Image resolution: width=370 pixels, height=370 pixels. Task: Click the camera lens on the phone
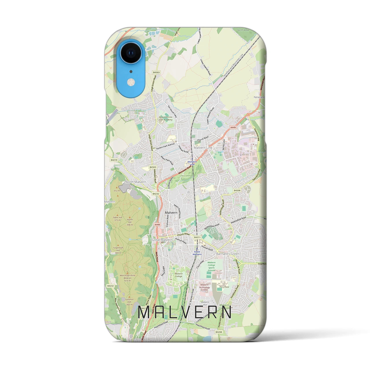pos(131,53)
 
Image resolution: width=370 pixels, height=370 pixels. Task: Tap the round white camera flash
pos(131,83)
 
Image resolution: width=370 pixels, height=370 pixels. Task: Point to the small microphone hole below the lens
pos(131,71)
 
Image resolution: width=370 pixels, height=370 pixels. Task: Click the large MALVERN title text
pos(185,312)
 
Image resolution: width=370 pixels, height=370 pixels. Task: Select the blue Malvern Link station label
pos(193,163)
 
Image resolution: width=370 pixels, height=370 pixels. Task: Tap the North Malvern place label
pos(136,182)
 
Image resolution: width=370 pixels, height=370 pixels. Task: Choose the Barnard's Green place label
pos(228,254)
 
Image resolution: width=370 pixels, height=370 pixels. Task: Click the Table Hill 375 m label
pos(117,219)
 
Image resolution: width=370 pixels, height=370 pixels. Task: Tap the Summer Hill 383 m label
pos(129,303)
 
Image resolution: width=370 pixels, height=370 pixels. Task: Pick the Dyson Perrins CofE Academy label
pos(166,118)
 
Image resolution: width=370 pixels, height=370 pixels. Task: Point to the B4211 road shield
pos(197,237)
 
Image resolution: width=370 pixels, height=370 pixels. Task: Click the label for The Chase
pos(224,287)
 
